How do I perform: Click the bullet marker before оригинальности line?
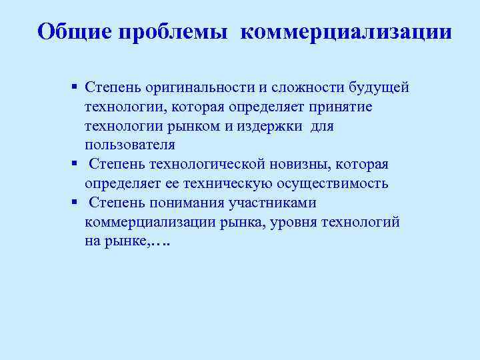(x=75, y=87)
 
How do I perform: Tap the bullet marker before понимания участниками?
(x=75, y=203)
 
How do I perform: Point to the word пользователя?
(x=130, y=145)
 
